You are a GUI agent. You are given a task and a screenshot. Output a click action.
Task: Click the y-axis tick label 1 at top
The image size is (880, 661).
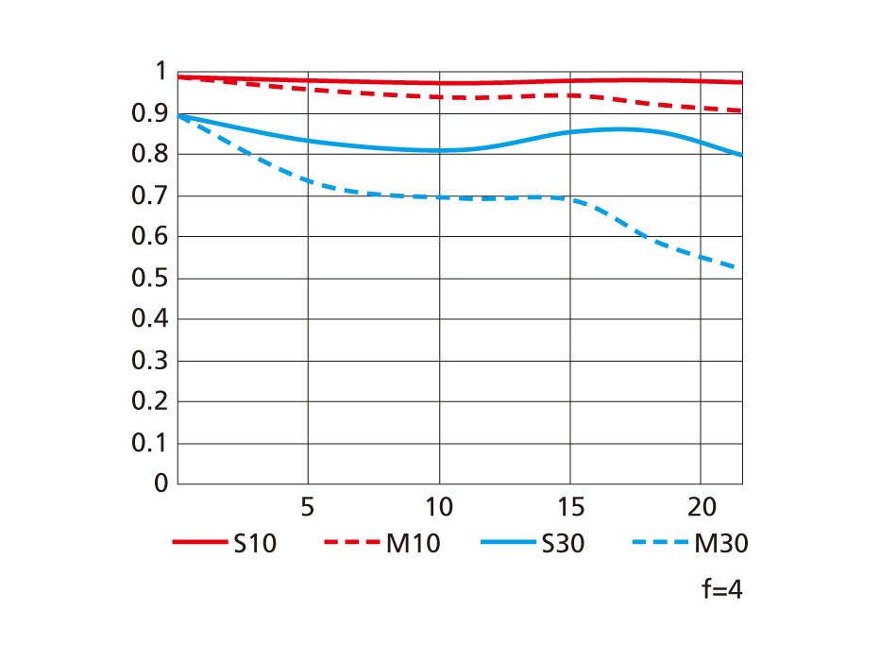pyautogui.click(x=160, y=73)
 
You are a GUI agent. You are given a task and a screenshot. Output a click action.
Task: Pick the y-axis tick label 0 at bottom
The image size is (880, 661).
pyautogui.click(x=160, y=483)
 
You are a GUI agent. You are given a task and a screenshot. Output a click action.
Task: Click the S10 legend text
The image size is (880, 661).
pyautogui.click(x=255, y=543)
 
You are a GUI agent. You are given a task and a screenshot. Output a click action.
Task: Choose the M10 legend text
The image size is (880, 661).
pyautogui.click(x=413, y=543)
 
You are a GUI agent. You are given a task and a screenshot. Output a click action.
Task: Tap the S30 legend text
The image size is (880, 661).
pyautogui.click(x=563, y=543)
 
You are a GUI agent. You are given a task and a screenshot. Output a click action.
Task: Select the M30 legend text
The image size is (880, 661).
pyautogui.click(x=721, y=543)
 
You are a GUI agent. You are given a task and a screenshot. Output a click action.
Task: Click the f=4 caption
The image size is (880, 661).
pyautogui.click(x=722, y=590)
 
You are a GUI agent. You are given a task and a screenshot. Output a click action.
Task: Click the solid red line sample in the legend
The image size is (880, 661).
pyautogui.click(x=200, y=543)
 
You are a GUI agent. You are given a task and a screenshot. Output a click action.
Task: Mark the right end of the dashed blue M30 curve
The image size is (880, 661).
pyautogui.click(x=741, y=270)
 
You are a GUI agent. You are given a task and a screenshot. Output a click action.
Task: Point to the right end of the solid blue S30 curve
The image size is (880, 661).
pyautogui.click(x=741, y=155)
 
